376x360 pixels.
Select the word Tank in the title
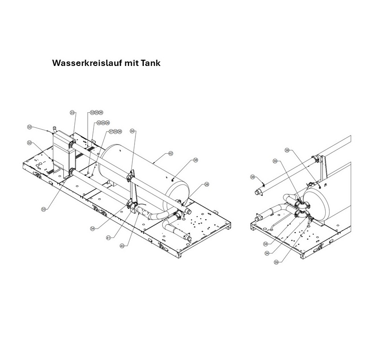coord(151,63)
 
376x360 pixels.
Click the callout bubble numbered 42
coord(170,153)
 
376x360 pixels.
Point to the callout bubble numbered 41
coord(108,238)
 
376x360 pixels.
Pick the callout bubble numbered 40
coord(122,245)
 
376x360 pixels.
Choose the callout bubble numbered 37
coord(111,131)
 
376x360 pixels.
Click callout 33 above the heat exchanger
coord(73,113)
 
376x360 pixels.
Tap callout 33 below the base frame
coord(43,209)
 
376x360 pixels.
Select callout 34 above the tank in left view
coord(132,131)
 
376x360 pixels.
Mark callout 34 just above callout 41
coord(93,228)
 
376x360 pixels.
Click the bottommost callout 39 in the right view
coord(276,262)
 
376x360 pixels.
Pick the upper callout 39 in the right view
coord(275,161)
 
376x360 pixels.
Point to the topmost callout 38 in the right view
coord(287,151)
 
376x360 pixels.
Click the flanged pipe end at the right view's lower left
coord(258,219)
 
